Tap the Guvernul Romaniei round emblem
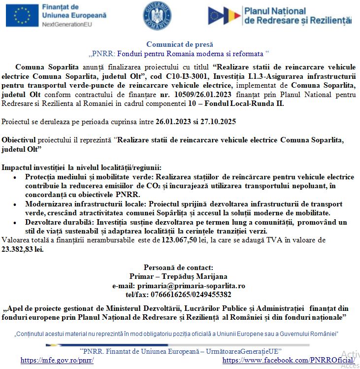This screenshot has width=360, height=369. pyautogui.click(x=157, y=15)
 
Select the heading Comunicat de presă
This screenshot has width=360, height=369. pyautogui.click(x=180, y=44)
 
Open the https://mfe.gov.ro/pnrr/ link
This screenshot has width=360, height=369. pyautogui.click(x=57, y=360)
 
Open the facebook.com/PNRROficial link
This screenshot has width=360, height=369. pyautogui.click(x=289, y=360)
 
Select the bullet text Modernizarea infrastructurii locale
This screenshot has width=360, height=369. pyautogui.click(x=83, y=204)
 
